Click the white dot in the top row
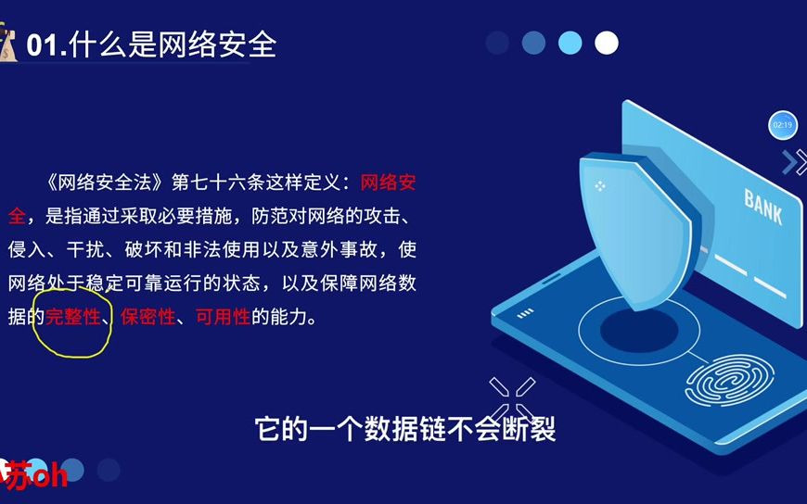tap(606, 43)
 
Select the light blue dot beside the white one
tap(570, 43)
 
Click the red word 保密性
tap(147, 317)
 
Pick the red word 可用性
tap(223, 317)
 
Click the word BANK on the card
tap(762, 207)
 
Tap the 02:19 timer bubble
tap(782, 124)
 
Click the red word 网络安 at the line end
tap(388, 182)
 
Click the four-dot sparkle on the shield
tap(600, 186)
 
